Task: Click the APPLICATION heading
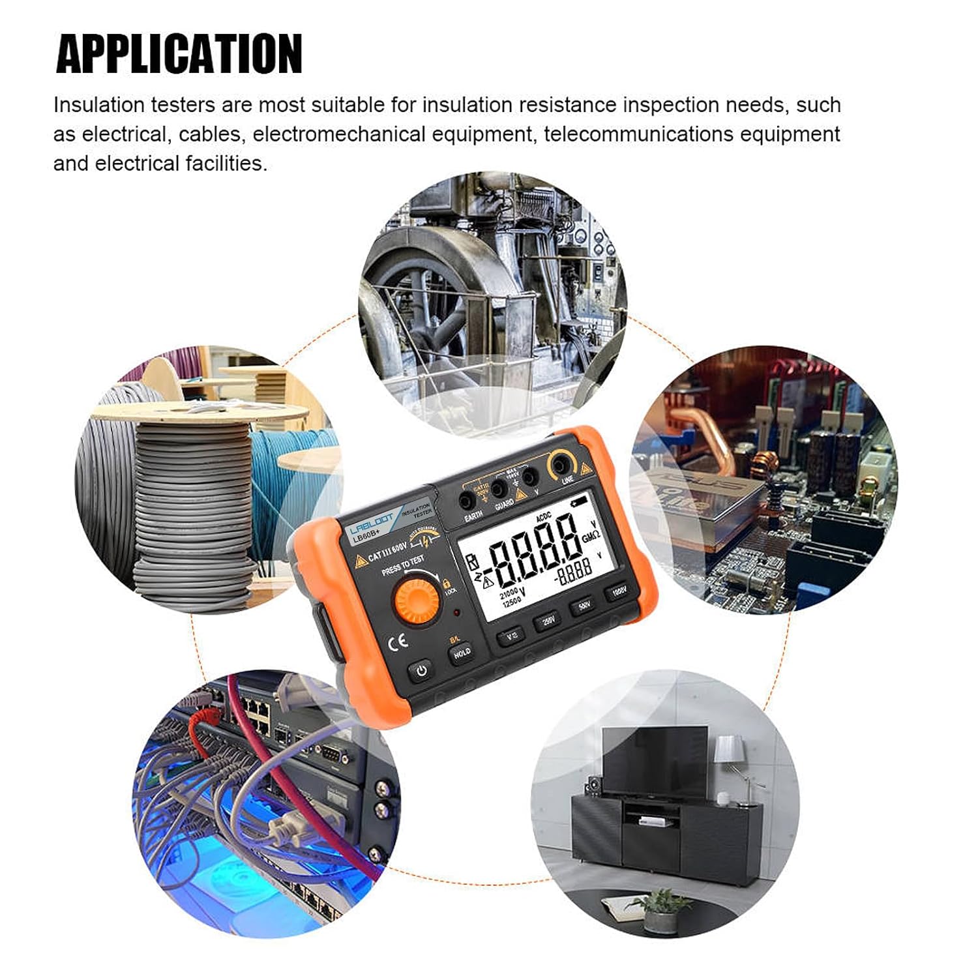pyautogui.click(x=179, y=53)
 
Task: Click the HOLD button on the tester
pyautogui.click(x=462, y=653)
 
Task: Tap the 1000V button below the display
pyautogui.click(x=615, y=592)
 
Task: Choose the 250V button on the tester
pyautogui.click(x=546, y=621)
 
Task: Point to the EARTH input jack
pyautogui.click(x=467, y=501)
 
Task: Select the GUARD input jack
pyautogui.click(x=499, y=488)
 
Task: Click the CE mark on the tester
pyautogui.click(x=398, y=642)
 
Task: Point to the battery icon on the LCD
pyautogui.click(x=578, y=503)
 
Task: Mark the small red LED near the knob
pyautogui.click(x=458, y=613)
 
